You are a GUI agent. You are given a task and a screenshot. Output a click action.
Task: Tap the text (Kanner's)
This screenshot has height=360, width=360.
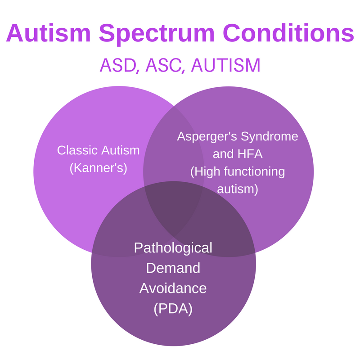point(99,168)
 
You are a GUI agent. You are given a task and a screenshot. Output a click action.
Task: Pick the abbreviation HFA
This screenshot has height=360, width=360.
point(249,154)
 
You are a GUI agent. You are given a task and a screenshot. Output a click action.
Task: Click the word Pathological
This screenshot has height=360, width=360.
point(173,247)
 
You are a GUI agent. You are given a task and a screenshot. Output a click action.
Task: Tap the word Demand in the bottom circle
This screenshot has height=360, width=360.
point(173,268)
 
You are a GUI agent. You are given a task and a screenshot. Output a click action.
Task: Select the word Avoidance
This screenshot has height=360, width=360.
point(173,288)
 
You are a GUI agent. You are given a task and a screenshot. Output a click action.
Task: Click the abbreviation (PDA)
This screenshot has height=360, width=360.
point(173,309)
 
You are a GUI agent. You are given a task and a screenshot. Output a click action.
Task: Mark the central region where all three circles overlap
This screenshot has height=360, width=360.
point(174,205)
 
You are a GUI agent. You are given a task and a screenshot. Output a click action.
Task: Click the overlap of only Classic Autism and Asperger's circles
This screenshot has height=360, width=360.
point(173,135)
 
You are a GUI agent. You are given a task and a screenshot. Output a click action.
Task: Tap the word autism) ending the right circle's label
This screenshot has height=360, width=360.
point(237,189)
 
